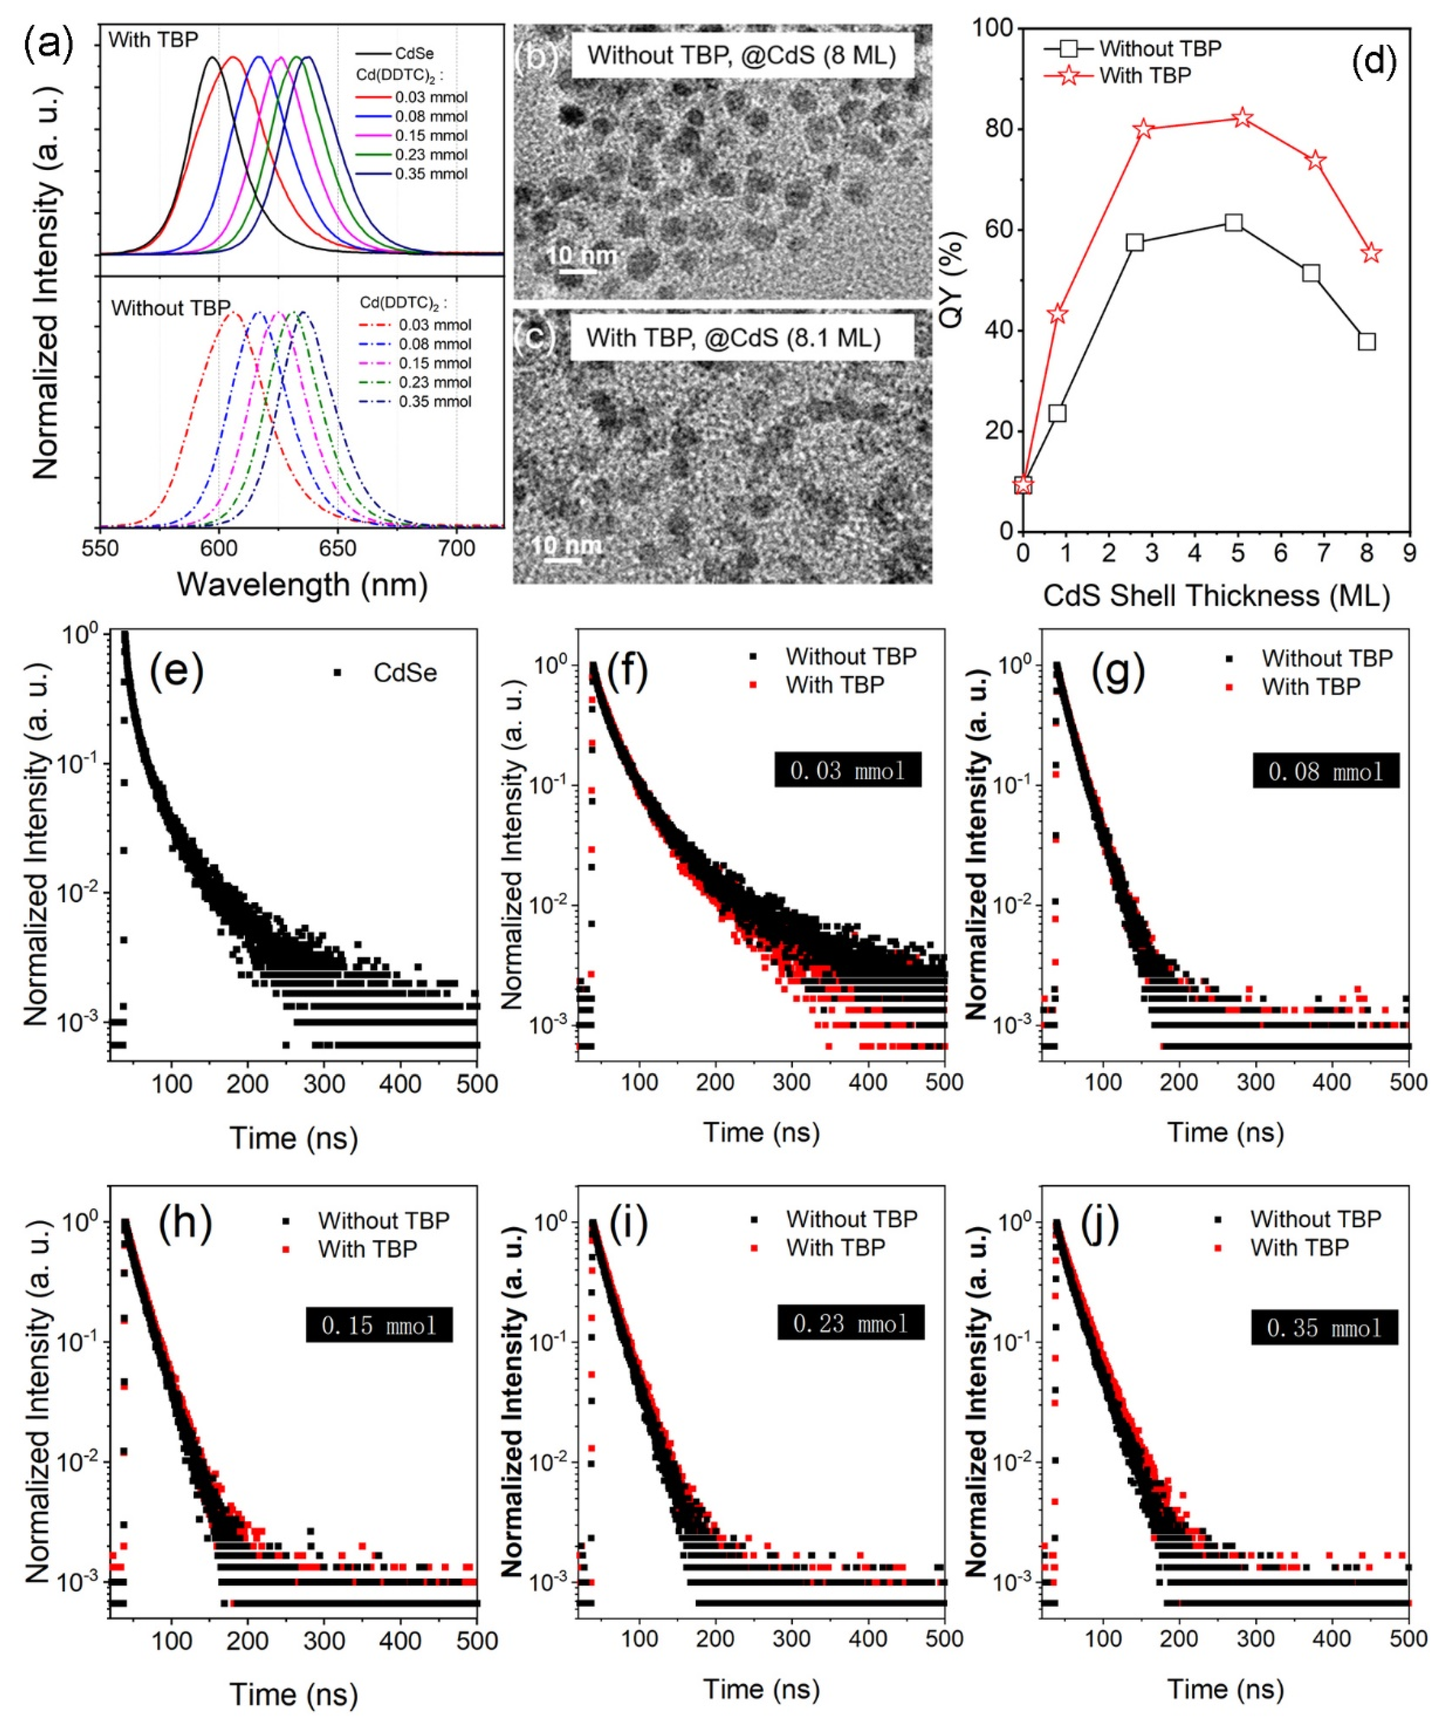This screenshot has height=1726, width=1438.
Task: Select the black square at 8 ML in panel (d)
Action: pyautogui.click(x=1366, y=341)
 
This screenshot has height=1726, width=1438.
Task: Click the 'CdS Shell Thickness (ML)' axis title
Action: pyautogui.click(x=1216, y=595)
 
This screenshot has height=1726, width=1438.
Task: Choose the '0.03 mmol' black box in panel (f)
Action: pyautogui.click(x=847, y=770)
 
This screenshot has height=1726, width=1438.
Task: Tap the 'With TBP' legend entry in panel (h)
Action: pyautogui.click(x=367, y=1249)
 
